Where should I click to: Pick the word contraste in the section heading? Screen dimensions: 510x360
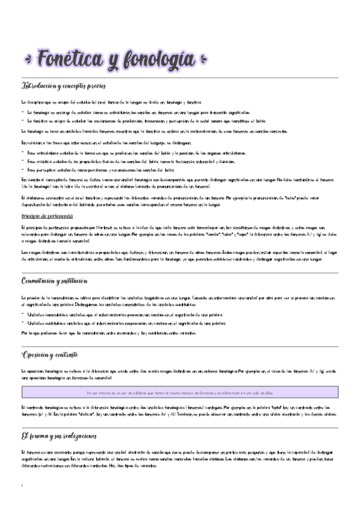(x=76, y=354)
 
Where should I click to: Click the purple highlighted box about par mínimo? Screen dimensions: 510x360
(x=180, y=392)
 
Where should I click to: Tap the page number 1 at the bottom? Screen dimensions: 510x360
(x=22, y=485)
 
